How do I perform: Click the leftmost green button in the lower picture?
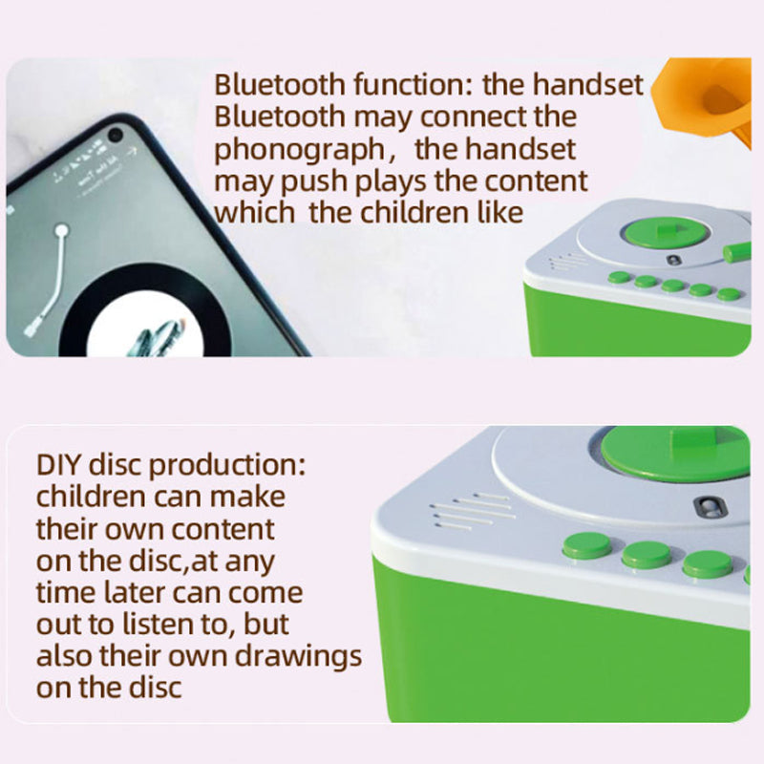[586, 545]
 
